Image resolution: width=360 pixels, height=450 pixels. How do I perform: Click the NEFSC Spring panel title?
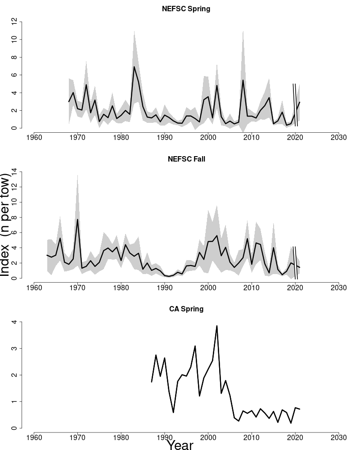click(186, 9)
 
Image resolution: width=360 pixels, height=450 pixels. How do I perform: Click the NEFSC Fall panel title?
click(186, 159)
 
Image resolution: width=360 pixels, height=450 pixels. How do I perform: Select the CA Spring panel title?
click(186, 309)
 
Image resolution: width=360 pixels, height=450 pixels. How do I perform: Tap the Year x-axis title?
click(180, 445)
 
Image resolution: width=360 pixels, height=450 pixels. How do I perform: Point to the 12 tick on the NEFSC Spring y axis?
click(15, 22)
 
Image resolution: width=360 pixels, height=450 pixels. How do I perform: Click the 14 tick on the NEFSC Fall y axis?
click(15, 171)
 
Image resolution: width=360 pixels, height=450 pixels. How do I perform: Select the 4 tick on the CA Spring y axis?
click(15, 322)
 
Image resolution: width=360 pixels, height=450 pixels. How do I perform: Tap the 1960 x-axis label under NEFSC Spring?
click(34, 137)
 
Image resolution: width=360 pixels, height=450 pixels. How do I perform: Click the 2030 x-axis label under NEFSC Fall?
click(338, 287)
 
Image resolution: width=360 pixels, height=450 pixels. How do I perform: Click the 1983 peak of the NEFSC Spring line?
click(134, 67)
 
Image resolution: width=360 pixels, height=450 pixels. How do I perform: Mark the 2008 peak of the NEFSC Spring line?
click(243, 80)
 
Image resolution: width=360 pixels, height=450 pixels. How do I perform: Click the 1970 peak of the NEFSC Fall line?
click(77, 219)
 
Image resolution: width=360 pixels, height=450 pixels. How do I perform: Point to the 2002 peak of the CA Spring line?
click(217, 326)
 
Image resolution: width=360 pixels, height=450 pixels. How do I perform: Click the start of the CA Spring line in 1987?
click(152, 382)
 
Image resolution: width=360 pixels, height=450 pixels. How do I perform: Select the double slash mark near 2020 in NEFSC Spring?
click(295, 104)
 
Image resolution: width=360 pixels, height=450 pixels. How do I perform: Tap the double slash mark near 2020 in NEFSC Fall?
click(295, 262)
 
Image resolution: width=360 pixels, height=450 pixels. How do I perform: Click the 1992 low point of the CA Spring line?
click(173, 412)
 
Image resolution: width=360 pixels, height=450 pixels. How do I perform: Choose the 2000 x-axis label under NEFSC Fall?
click(208, 287)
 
